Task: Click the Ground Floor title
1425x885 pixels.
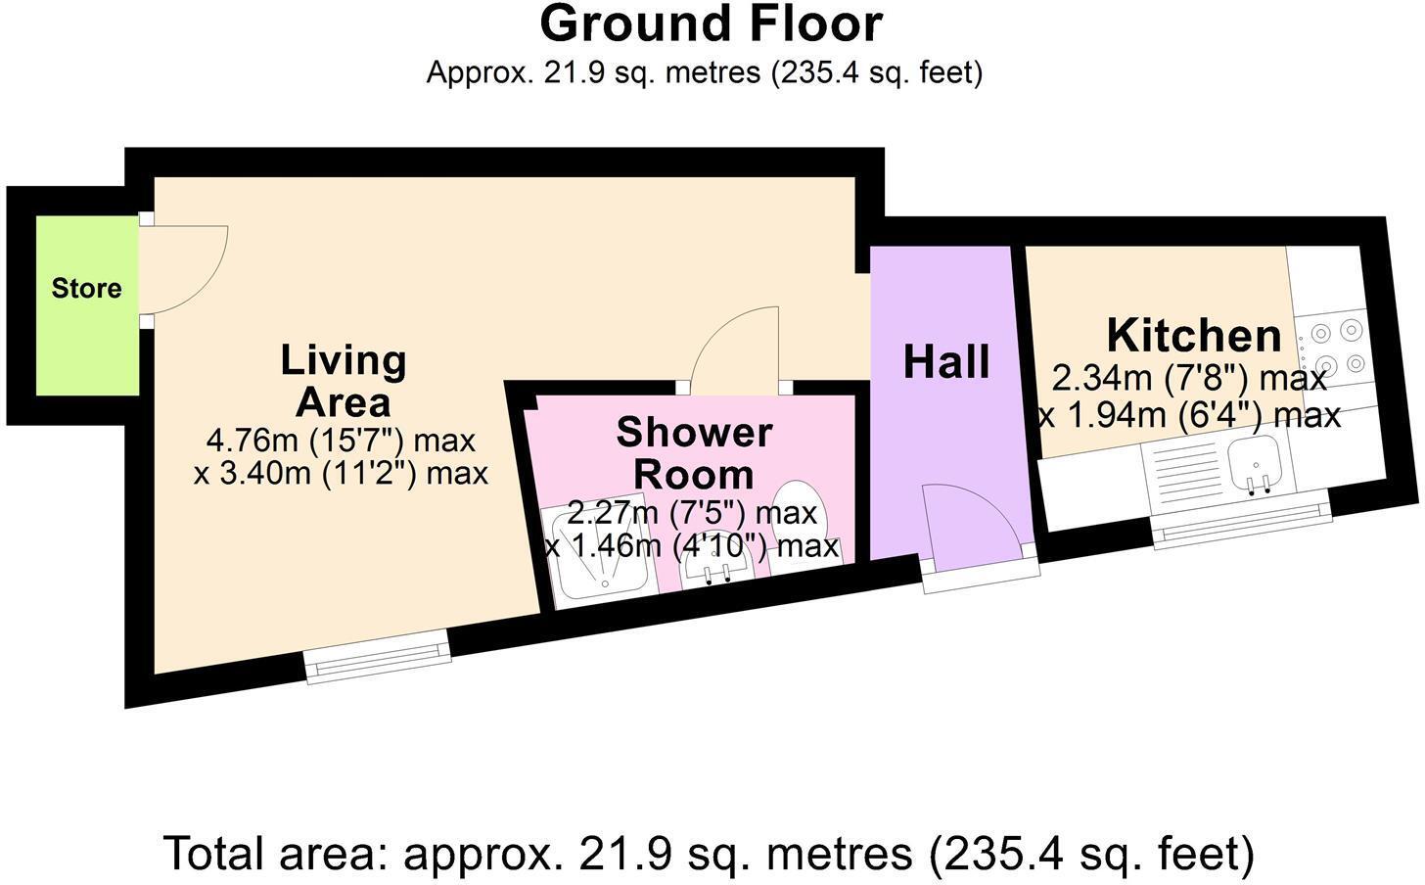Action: (x=711, y=24)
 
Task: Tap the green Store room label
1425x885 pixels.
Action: (x=86, y=289)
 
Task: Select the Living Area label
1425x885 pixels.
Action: (x=343, y=381)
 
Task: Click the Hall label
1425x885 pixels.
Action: (x=945, y=362)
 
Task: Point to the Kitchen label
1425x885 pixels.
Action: (x=1193, y=336)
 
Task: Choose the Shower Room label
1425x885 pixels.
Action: (x=694, y=452)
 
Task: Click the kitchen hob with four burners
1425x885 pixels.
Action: (x=1337, y=348)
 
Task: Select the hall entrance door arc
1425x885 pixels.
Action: (x=974, y=524)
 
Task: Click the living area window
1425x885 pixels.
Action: (x=378, y=656)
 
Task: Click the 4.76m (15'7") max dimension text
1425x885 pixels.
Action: (x=340, y=441)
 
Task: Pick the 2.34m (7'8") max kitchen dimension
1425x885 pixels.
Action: (x=1188, y=378)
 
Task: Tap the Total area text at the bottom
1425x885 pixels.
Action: (x=709, y=853)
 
